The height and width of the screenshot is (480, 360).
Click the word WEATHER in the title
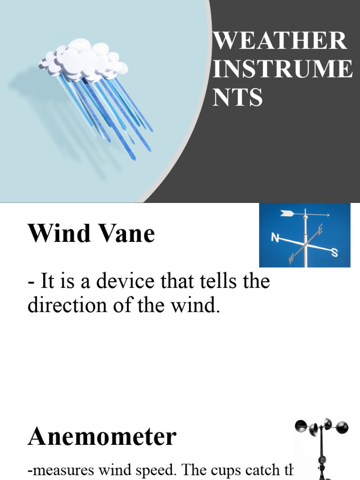tap(280, 41)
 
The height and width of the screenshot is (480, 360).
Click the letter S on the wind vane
tap(335, 253)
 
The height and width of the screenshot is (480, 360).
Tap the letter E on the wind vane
tap(321, 229)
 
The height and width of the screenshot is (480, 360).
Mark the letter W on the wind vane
tap(292, 257)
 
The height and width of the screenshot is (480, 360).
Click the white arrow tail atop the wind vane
tap(287, 214)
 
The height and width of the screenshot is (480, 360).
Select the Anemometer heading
tap(102, 436)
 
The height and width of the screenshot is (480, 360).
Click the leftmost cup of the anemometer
tap(300, 426)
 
